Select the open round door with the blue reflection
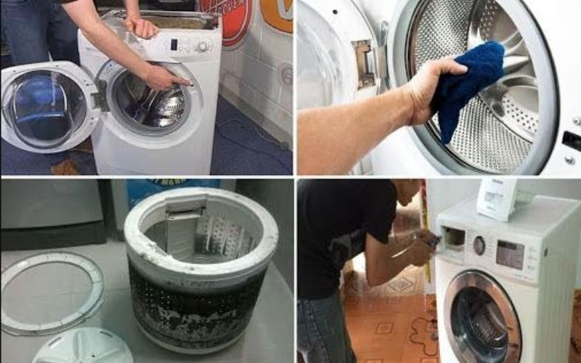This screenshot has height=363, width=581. tap(44, 109)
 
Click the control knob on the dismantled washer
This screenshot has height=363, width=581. tap(202, 46)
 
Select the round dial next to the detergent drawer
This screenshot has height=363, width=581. tap(479, 245)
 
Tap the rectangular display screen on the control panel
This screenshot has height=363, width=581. tap(510, 254)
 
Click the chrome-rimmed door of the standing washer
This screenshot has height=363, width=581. tap(483, 316)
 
